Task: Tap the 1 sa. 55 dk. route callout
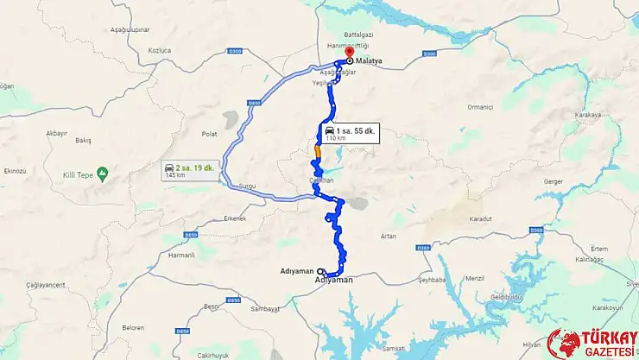tap(349, 133)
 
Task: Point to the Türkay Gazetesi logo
tap(592, 342)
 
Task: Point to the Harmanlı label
tap(181, 255)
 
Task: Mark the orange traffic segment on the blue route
tap(318, 152)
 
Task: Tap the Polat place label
tap(210, 135)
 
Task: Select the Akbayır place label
tap(56, 133)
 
